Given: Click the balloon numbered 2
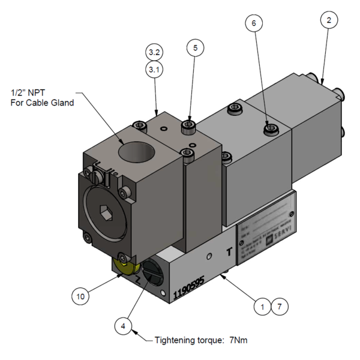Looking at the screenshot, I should (328, 21).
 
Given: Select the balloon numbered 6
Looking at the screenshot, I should (254, 23).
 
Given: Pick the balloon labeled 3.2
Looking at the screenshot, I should (154, 52).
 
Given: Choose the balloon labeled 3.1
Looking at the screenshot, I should (154, 70).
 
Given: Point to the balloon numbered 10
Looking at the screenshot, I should (82, 296).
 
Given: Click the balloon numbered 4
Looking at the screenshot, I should (123, 326).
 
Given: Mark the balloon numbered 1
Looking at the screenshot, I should (262, 306).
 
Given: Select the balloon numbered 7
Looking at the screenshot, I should (279, 306).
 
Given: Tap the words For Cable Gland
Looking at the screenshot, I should (42, 103).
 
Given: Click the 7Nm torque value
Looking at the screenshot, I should (236, 340).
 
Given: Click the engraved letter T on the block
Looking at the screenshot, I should (229, 253).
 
